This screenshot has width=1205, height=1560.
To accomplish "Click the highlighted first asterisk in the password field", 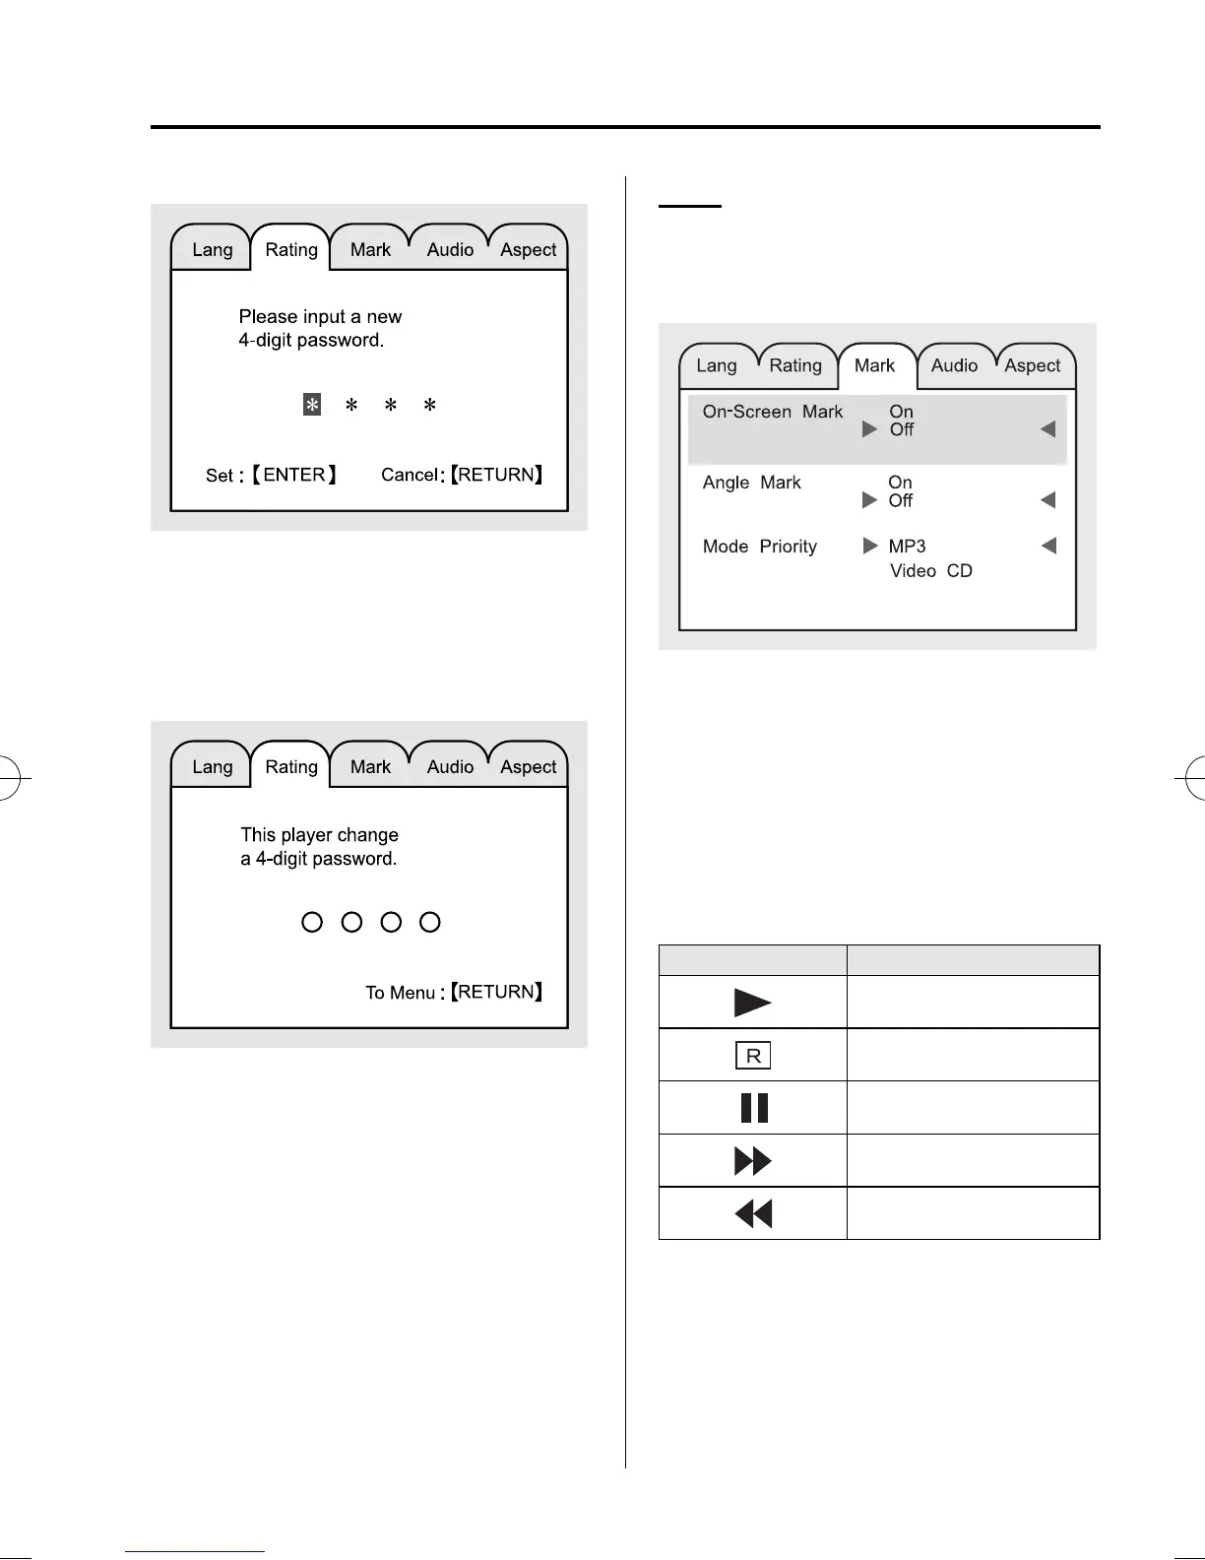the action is tap(311, 405).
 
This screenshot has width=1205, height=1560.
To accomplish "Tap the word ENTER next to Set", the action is tap(294, 475).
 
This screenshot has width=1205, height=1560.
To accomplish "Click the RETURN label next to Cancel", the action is tap(496, 475).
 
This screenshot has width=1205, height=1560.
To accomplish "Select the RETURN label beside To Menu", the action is tap(496, 992).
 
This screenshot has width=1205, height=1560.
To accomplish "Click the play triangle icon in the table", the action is tap(752, 1003).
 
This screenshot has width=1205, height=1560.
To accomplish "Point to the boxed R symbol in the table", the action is tap(753, 1056).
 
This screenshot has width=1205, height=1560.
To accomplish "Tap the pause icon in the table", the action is tap(753, 1108).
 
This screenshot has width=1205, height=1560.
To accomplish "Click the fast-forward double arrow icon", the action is tap(753, 1161).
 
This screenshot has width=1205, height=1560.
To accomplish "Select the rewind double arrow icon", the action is tap(753, 1214).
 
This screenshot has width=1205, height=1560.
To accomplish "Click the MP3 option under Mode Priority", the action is tap(907, 547).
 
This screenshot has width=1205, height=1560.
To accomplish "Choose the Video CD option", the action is tap(931, 571).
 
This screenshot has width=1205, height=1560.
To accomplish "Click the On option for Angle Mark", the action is tap(900, 483).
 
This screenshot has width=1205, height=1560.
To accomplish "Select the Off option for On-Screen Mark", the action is tap(902, 429).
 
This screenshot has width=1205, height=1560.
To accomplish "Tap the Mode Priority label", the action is tap(759, 547).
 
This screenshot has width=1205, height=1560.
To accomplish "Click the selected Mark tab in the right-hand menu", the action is tap(874, 365).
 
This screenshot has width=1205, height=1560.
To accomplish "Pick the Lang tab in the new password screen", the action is tap(212, 249).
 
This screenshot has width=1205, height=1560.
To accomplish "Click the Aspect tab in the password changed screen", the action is tap(529, 767).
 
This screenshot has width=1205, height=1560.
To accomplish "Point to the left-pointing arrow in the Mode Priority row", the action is tap(1048, 546).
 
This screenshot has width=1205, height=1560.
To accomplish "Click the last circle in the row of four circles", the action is tap(430, 922).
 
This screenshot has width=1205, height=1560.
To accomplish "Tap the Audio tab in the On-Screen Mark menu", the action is tap(953, 365).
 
